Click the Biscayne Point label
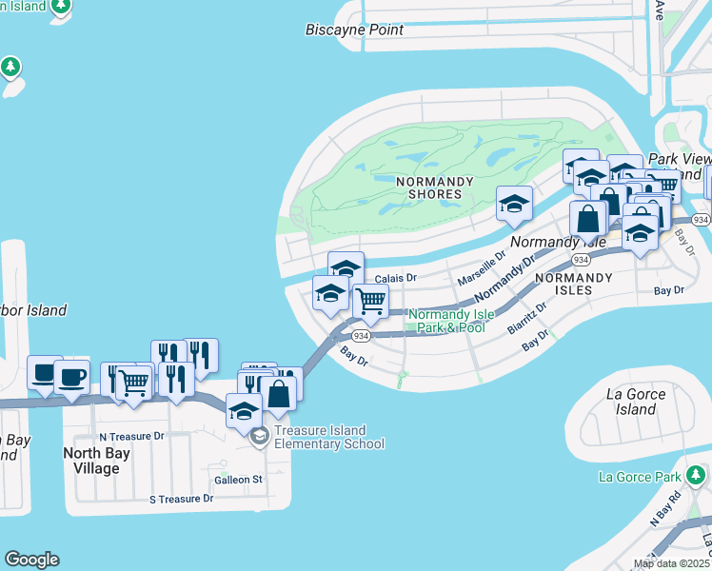[354, 30]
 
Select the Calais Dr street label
[396, 278]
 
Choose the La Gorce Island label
[631, 401]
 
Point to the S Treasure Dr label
[181, 499]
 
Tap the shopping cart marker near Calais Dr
[369, 301]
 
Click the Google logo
[31, 560]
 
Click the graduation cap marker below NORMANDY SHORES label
[514, 203]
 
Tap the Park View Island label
[680, 167]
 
